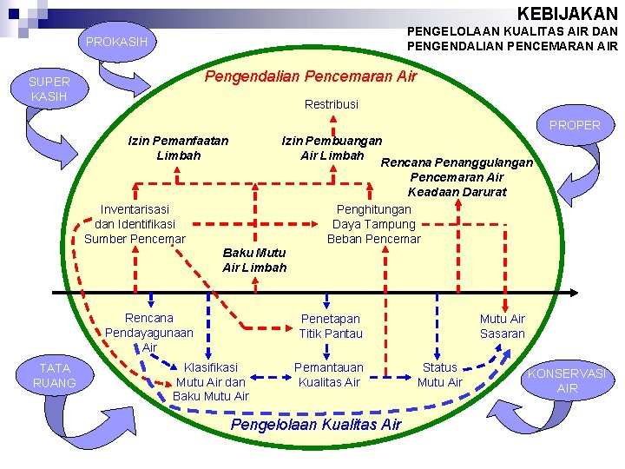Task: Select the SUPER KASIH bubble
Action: coord(49,89)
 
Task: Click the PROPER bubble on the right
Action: coord(574,125)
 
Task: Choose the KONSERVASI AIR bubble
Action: coord(567,380)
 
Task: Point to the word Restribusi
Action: coord(331,104)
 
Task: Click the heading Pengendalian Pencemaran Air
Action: coord(310,76)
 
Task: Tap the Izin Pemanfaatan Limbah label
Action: coord(178,148)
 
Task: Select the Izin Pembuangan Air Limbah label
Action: coord(332,148)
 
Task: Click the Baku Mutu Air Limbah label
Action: coord(253,260)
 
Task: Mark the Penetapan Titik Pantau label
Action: coord(331,327)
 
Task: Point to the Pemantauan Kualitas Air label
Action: coord(328,375)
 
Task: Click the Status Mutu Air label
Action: coord(440,375)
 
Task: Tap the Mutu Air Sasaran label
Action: coord(502,327)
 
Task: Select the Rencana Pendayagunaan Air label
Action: coord(149,333)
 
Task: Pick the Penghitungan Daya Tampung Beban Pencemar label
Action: coord(373,224)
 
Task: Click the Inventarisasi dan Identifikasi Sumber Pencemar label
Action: coord(135,224)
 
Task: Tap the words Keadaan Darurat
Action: coord(457,192)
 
